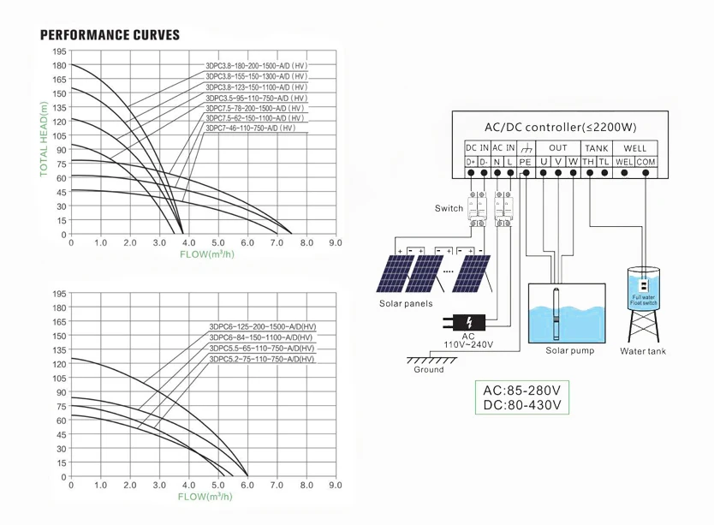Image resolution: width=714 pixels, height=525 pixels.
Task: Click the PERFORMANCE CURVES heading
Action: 110,35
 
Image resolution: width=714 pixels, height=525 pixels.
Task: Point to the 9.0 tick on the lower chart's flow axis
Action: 336,486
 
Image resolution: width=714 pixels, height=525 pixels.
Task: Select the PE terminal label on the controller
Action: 525,162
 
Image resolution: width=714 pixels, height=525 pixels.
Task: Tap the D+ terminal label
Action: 471,162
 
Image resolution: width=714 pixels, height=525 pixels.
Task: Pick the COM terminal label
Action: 646,162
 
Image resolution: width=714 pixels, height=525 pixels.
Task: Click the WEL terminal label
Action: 623,162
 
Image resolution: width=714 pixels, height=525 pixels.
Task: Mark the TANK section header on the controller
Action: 596,148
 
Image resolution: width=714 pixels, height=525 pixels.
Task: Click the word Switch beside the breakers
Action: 449,208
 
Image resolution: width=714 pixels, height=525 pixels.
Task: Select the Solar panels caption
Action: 406,304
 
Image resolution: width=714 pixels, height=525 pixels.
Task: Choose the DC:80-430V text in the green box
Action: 521,404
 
